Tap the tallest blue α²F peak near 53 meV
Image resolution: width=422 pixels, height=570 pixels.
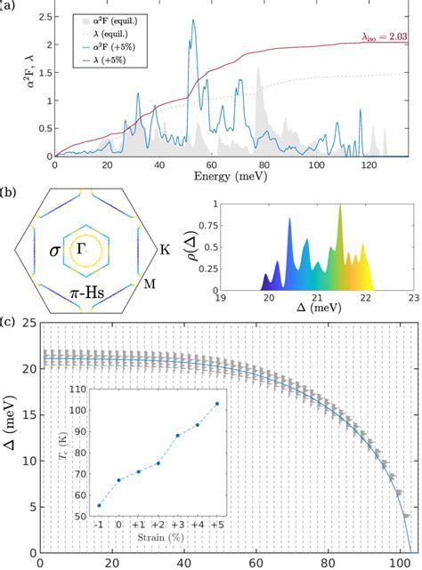(x=192, y=21)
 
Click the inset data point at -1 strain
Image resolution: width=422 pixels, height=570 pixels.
(x=99, y=505)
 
